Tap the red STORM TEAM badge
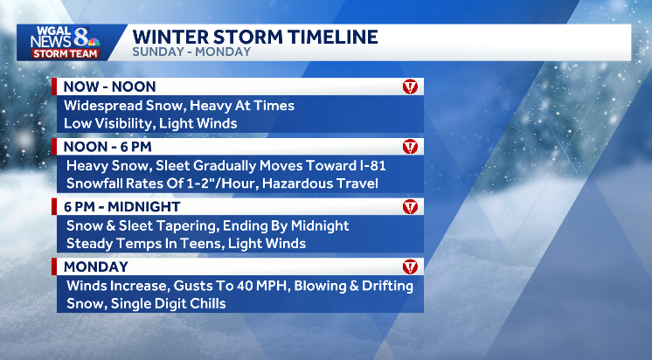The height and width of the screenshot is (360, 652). [x=65, y=52]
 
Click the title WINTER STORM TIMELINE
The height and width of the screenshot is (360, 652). [x=255, y=37]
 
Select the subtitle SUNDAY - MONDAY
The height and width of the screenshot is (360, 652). [x=191, y=52]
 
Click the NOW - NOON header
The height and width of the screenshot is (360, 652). [x=109, y=87]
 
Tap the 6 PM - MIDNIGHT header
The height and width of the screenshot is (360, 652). [x=121, y=207]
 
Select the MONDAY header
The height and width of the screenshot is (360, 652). [x=96, y=267]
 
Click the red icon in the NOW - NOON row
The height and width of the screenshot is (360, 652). [x=410, y=87]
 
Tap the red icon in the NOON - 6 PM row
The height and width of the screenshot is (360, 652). [x=410, y=147]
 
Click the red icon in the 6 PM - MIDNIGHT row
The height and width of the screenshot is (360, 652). [x=410, y=207]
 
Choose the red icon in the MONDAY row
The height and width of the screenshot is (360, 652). [x=410, y=267]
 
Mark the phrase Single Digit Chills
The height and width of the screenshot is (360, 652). [x=171, y=303]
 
